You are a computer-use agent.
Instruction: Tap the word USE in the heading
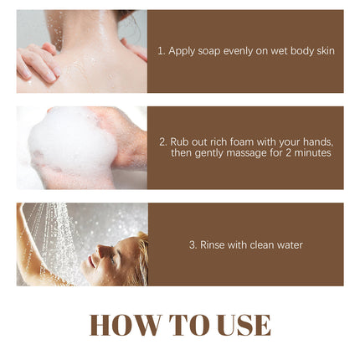[236, 325]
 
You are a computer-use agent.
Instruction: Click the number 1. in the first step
[162, 51]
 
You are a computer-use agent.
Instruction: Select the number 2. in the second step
[162, 141]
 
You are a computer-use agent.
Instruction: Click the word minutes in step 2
[314, 152]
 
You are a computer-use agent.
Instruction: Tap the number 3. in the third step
[193, 245]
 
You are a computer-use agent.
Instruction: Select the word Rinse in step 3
[212, 245]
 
